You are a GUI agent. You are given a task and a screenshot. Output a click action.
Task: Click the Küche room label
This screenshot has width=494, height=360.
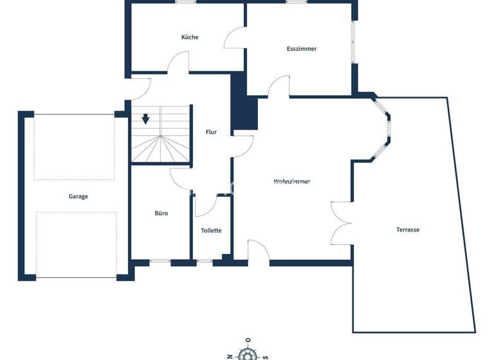[190, 37]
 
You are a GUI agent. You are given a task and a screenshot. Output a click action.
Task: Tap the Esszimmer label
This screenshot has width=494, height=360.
[302, 49]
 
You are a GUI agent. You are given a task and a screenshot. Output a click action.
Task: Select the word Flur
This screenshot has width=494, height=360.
[211, 132]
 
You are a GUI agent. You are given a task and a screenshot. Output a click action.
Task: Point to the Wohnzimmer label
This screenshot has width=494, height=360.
[292, 182]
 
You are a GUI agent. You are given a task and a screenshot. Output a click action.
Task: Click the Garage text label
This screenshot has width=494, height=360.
[78, 197]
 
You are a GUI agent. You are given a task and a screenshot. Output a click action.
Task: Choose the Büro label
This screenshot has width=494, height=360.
[161, 213]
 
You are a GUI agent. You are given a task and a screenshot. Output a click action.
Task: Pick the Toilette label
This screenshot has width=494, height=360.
[211, 230]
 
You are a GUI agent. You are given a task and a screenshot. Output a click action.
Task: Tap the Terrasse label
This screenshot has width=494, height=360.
[408, 230]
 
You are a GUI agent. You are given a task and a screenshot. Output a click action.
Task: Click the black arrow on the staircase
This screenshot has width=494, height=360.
[146, 119]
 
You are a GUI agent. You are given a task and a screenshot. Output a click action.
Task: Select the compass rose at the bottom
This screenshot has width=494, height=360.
[248, 353]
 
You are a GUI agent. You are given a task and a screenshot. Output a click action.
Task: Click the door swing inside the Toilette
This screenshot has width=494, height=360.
[205, 207]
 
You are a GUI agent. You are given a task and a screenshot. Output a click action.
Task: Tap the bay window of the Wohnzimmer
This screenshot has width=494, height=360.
[384, 128]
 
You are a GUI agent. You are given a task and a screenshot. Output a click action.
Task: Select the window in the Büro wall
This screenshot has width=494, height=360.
[160, 261]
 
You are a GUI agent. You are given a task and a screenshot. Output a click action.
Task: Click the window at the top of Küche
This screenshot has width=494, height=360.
[185, 3]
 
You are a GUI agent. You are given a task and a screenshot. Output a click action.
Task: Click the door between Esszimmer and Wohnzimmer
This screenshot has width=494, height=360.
[279, 87]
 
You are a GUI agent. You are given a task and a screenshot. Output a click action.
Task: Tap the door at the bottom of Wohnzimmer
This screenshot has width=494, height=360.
[259, 252]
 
